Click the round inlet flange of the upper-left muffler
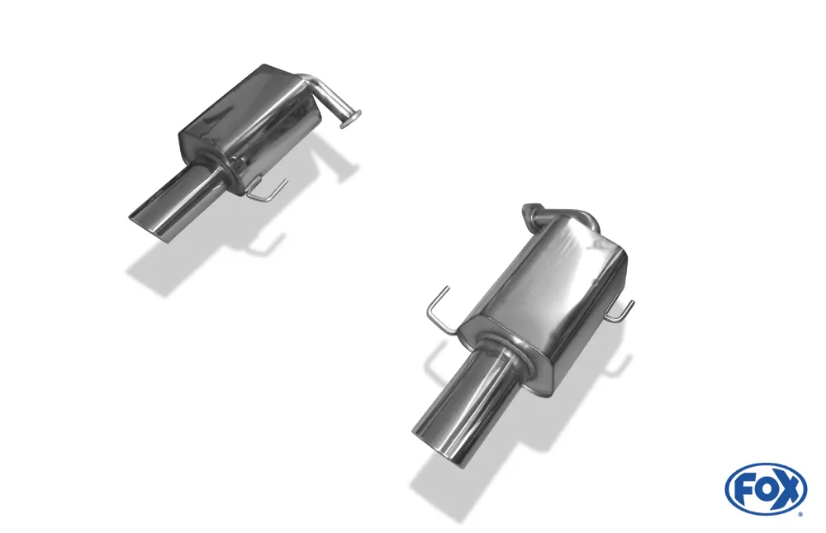[x=351, y=119]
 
